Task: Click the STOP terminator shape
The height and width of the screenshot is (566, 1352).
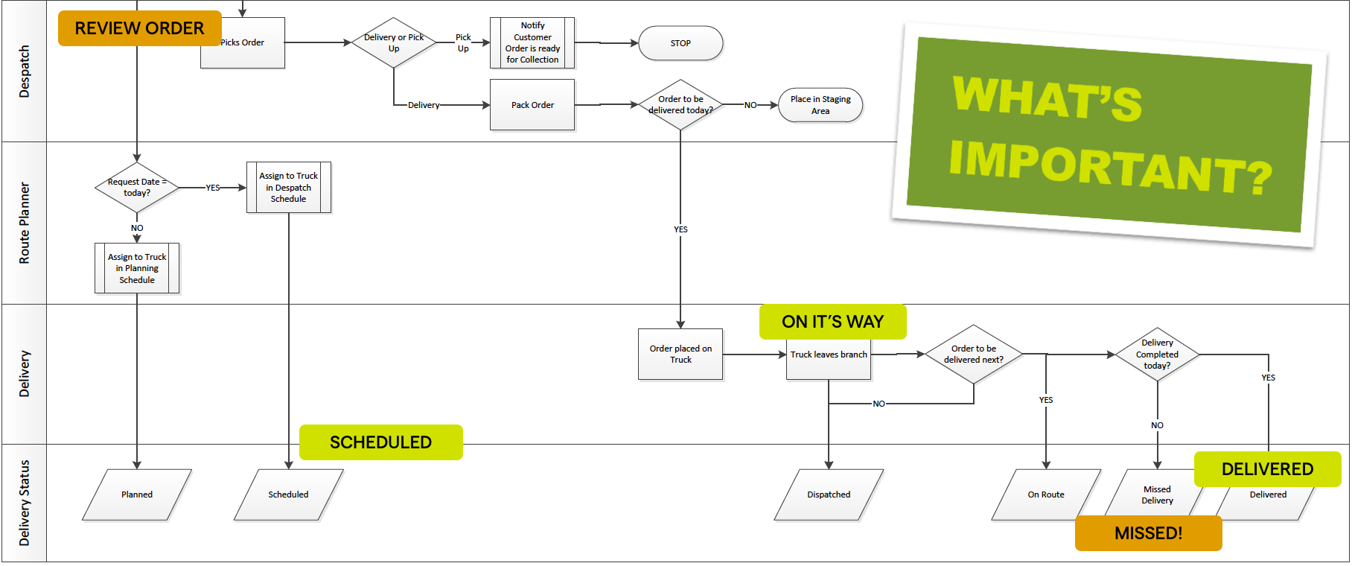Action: [680, 43]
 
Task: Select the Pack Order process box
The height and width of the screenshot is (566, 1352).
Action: [532, 105]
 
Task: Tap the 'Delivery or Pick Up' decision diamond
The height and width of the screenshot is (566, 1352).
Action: [394, 42]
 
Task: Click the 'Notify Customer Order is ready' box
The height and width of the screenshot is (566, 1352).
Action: [532, 42]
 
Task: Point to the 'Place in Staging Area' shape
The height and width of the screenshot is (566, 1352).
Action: [820, 105]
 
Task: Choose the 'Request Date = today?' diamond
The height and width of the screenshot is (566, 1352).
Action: [137, 188]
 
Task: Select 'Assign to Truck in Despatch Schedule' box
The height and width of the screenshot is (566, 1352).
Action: [289, 188]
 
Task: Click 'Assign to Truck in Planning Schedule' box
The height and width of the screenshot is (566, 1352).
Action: [137, 268]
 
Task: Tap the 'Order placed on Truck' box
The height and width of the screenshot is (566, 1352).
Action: [680, 354]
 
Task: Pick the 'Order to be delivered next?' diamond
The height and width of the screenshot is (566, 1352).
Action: [973, 354]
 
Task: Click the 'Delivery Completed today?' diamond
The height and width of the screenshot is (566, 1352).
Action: [1157, 354]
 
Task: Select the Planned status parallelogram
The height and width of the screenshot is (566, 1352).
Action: [137, 495]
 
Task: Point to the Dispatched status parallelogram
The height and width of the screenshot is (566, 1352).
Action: [829, 495]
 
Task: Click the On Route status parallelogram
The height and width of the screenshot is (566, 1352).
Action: [1046, 495]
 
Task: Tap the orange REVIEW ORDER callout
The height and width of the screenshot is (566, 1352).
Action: [139, 28]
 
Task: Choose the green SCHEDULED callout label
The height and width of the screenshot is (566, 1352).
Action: [380, 442]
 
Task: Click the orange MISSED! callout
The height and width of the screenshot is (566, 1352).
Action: [1148, 533]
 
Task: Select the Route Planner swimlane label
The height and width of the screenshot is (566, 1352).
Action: [25, 223]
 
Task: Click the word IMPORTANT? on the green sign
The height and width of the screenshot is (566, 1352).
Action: [1109, 168]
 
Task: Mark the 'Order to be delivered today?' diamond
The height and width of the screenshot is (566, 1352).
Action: [680, 105]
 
